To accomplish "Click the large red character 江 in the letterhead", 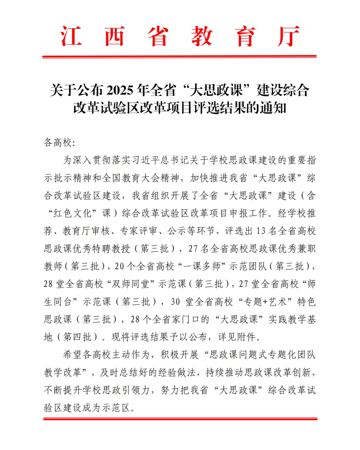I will (x=71, y=36).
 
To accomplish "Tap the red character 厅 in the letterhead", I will (x=289, y=36).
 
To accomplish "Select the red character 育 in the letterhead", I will (x=245, y=36).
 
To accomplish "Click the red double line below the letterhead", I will (x=179, y=57).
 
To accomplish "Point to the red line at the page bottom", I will (x=180, y=419).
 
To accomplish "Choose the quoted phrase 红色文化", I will (x=73, y=213).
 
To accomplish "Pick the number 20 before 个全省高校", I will (x=119, y=266).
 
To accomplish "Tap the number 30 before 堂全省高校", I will (x=175, y=302).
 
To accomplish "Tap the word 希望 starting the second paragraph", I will (x=73, y=355).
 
